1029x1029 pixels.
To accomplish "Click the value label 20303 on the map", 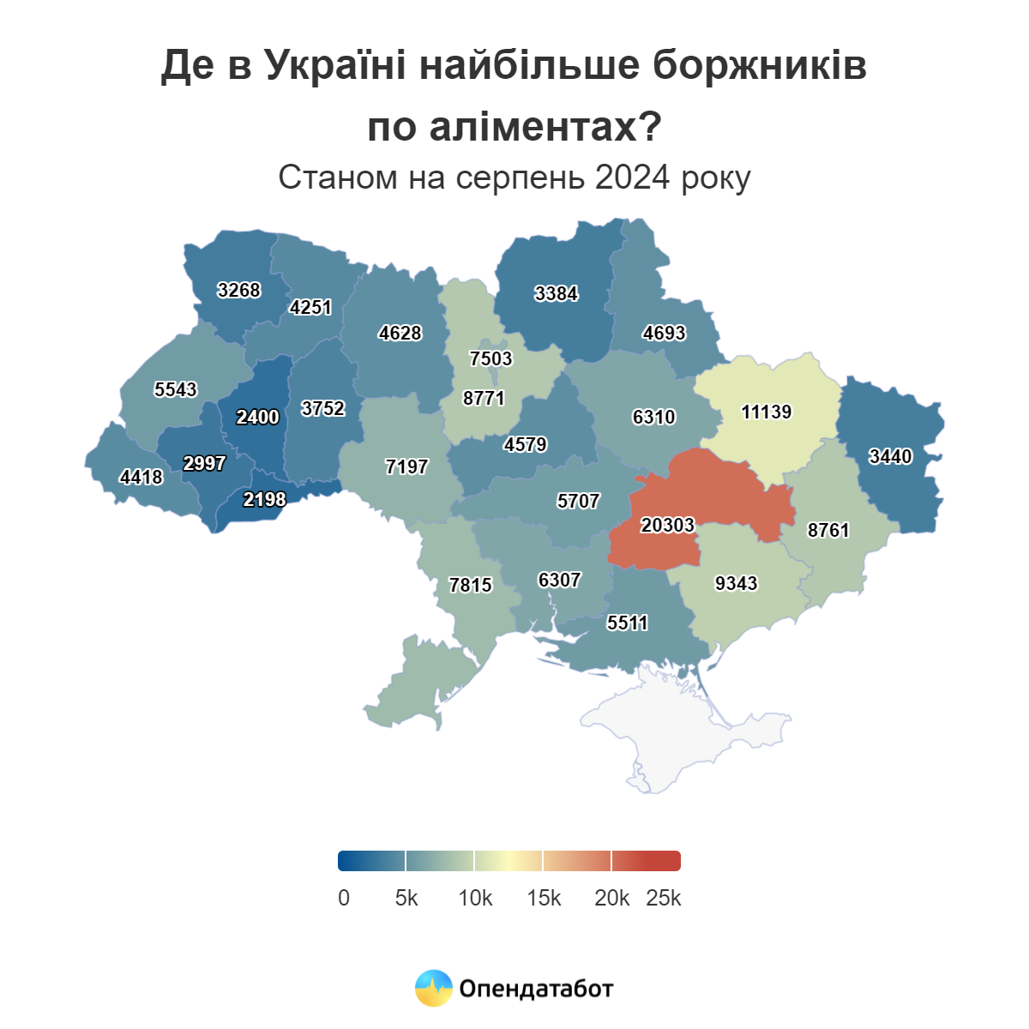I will (x=667, y=525).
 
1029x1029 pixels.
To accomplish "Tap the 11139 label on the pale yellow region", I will (x=766, y=412).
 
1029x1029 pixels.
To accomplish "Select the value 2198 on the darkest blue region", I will (x=264, y=500).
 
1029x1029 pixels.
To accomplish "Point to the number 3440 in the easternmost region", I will (x=890, y=457).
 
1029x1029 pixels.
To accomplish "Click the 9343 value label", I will (x=736, y=584).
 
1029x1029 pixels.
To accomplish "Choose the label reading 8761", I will (x=828, y=531).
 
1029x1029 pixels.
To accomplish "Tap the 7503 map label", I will (x=490, y=358).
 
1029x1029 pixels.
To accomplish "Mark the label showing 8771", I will (x=484, y=399).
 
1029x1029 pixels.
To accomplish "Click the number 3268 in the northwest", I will (x=238, y=291).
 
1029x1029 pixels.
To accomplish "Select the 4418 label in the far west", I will (x=141, y=478).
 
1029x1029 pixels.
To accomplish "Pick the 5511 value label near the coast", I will (x=627, y=623).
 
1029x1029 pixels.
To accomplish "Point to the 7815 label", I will (x=471, y=586).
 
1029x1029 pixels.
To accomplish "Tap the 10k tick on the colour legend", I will (x=475, y=899).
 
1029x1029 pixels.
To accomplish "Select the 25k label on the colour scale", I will (x=664, y=899).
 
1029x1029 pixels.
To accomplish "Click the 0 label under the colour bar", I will (x=344, y=899).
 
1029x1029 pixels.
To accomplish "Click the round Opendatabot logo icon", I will (x=433, y=989).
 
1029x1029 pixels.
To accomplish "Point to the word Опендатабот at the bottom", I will (x=536, y=990).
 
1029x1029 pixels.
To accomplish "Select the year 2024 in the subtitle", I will (x=632, y=178).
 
